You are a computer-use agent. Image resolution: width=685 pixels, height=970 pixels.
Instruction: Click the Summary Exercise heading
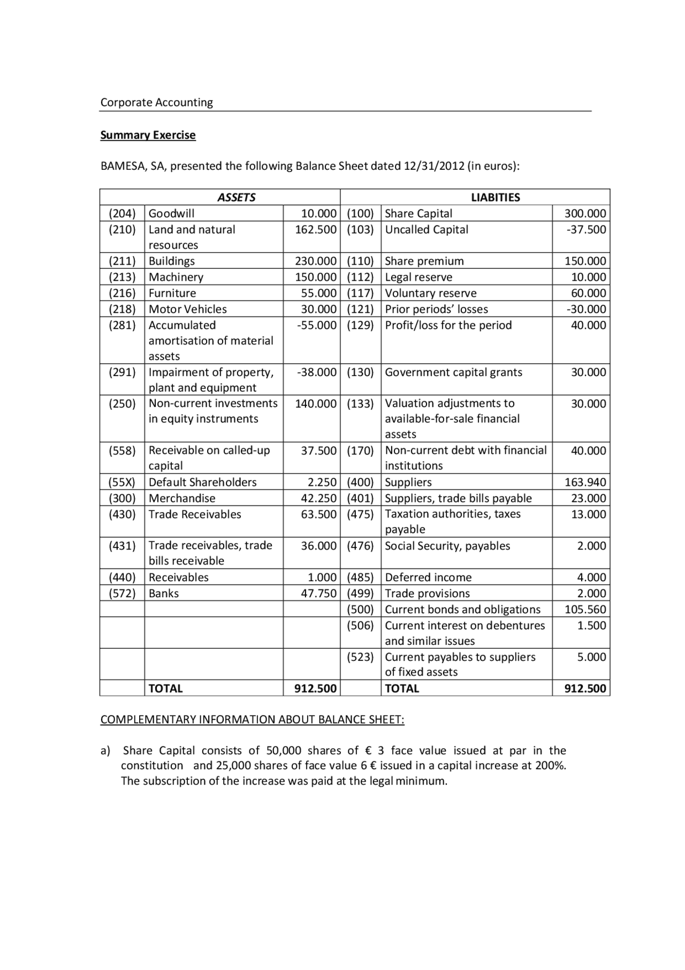pos(148,135)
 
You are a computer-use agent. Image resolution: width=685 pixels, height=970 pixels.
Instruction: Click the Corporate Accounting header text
pos(156,102)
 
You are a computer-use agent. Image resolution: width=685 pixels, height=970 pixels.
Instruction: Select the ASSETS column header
pos(236,197)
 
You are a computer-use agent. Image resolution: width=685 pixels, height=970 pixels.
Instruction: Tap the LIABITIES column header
pos(495,197)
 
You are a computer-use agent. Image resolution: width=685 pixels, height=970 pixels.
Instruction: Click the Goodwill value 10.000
pos(318,213)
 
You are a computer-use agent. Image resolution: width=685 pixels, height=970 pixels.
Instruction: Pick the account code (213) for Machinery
pos(122,277)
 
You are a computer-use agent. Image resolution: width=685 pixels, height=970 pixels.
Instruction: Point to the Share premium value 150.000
pos(585,261)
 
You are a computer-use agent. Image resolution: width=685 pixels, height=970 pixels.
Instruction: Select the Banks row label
pos(163,593)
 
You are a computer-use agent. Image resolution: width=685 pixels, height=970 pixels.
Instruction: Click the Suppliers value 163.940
pos(585,482)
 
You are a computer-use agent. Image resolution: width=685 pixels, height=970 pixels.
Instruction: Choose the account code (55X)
pos(122,482)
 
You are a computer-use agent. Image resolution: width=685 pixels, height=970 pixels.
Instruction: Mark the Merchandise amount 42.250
pos(318,498)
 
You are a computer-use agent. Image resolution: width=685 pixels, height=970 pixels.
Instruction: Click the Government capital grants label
pos(453,372)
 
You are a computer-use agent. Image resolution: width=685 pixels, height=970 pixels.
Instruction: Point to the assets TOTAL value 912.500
pos(315,688)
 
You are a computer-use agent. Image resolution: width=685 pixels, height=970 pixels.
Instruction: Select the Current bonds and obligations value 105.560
pos(585,609)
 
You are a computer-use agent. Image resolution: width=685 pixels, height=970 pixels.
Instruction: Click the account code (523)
pos(360,657)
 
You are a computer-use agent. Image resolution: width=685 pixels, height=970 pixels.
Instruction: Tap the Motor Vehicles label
pos(187,309)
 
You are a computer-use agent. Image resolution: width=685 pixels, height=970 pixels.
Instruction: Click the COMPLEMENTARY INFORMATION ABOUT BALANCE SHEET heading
pos(252,719)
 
